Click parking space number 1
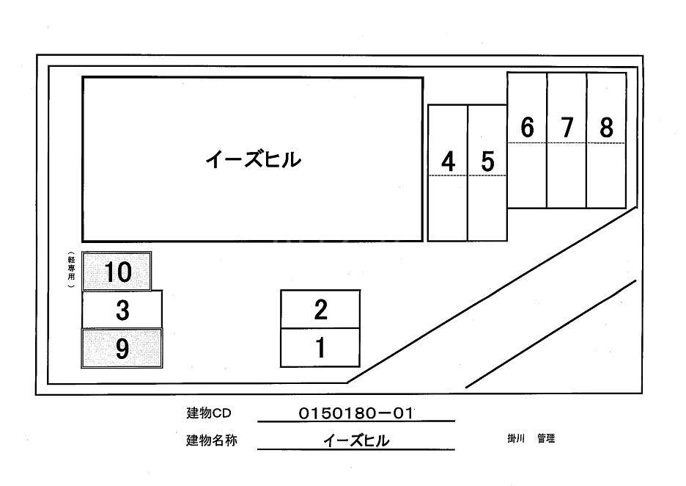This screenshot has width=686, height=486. [x=320, y=348]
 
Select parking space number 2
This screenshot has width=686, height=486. [x=320, y=310]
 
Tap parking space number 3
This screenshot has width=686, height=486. [x=122, y=310]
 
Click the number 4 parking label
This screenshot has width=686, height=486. [x=448, y=161]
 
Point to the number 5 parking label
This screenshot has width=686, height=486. [x=487, y=161]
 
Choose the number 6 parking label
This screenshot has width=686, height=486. [x=527, y=128]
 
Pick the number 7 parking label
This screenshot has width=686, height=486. [x=567, y=128]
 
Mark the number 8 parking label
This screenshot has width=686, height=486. [x=606, y=128]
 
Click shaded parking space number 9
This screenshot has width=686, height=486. [x=122, y=349]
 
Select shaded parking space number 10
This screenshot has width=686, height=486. [x=117, y=272]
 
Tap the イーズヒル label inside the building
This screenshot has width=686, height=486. [x=253, y=159]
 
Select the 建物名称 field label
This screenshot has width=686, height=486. [x=212, y=441]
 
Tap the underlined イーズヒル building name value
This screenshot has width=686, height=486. [x=356, y=440]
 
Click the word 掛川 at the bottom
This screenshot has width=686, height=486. [x=517, y=439]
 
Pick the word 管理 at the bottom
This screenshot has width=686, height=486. [x=546, y=439]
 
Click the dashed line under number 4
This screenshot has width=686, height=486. [x=448, y=176]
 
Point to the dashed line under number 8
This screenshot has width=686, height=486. [x=606, y=143]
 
